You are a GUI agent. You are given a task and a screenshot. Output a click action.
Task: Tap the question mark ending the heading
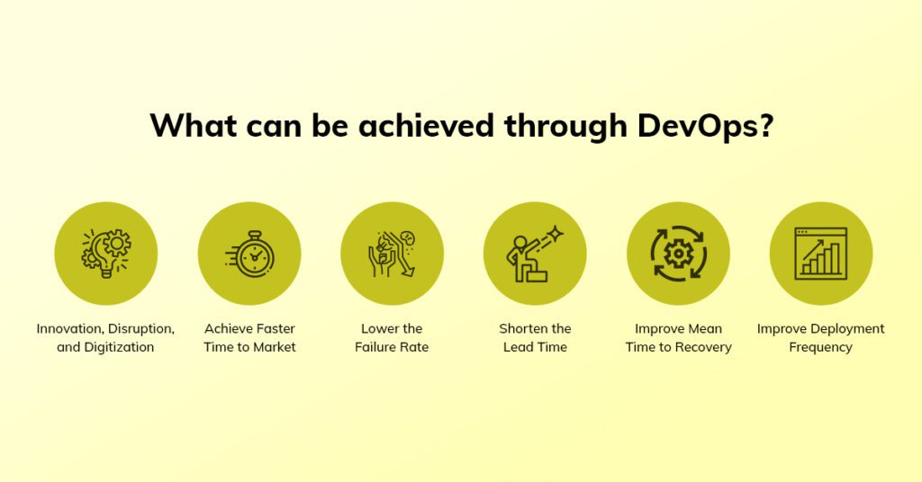coord(766,124)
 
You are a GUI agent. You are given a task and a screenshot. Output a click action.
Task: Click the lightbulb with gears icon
coord(106,253)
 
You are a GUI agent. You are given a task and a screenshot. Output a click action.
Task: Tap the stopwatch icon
coord(250,254)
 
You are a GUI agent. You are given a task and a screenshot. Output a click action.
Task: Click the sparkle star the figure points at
coord(555,234)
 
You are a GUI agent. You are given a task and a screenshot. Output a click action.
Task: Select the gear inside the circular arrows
coord(678,254)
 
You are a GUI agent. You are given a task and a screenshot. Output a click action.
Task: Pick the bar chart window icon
coord(821,254)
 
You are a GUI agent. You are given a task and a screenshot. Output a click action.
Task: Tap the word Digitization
coord(120,347)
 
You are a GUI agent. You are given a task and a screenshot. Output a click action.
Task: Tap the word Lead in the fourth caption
coord(518,347)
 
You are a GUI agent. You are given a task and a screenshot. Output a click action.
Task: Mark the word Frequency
coord(820,347)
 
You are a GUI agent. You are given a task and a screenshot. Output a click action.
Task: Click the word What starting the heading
coord(194,125)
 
